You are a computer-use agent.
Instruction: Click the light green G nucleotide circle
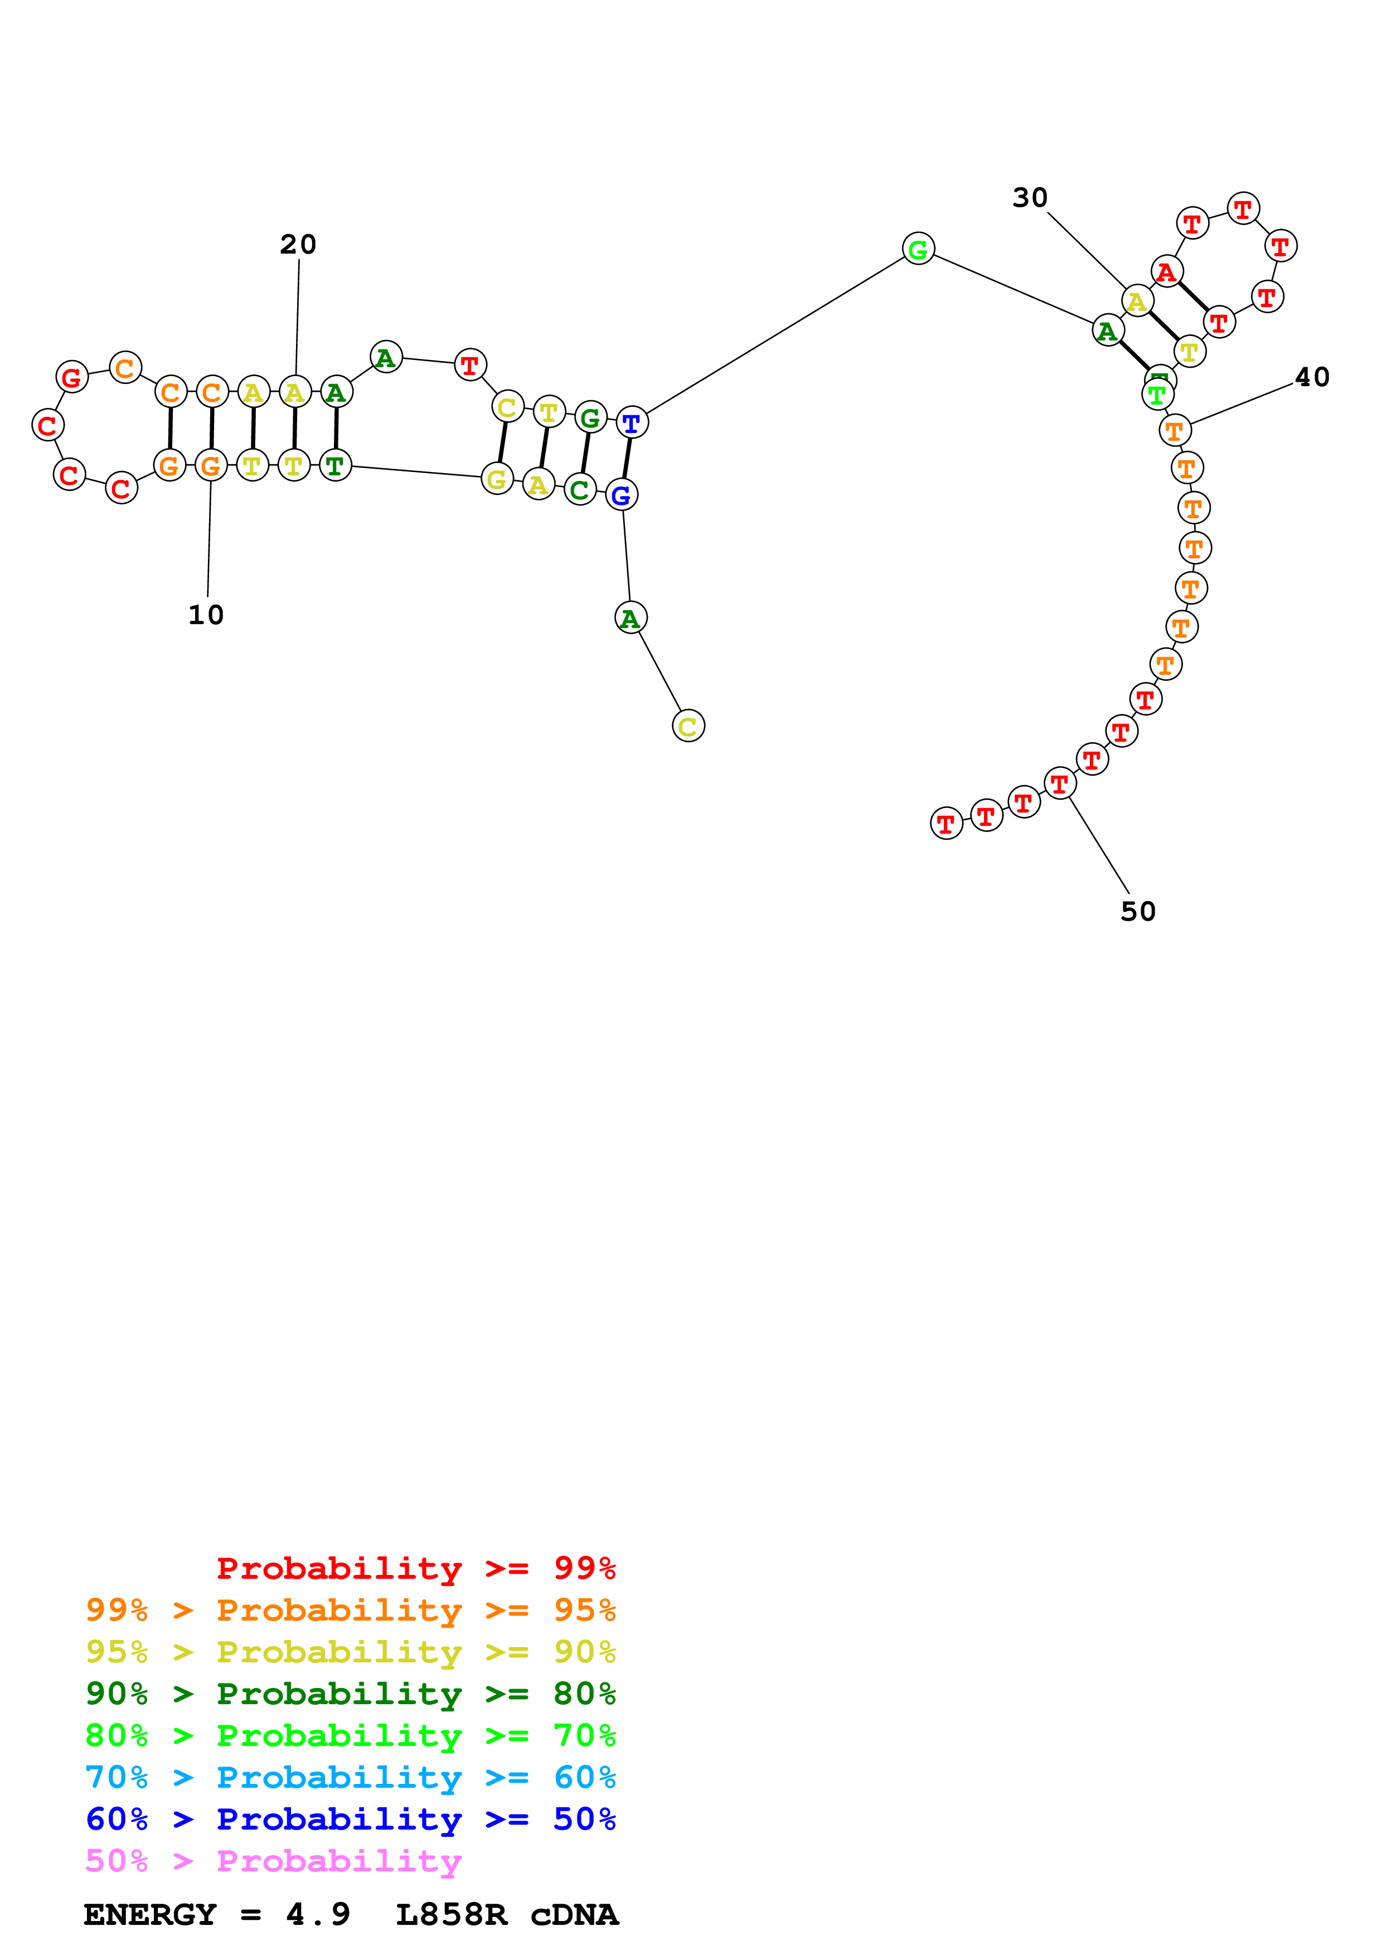tap(918, 249)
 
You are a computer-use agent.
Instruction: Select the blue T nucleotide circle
tap(631, 422)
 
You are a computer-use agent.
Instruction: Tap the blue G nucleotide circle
tap(622, 495)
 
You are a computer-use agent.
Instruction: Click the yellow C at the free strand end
tap(688, 726)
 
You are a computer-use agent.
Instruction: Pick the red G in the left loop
tap(71, 376)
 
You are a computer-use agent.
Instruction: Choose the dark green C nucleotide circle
tap(580, 490)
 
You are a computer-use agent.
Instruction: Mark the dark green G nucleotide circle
tap(590, 417)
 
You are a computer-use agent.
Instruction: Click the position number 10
tap(206, 615)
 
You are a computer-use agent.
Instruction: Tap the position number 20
tap(298, 244)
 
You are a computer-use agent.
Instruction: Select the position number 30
tap(1030, 197)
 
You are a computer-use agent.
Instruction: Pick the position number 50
tap(1138, 911)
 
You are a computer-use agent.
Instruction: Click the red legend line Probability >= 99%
tap(415, 1568)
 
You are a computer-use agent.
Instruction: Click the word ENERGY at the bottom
tap(150, 1914)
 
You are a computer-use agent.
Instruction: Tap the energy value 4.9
tap(318, 1914)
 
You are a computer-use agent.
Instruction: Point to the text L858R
tap(452, 1914)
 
